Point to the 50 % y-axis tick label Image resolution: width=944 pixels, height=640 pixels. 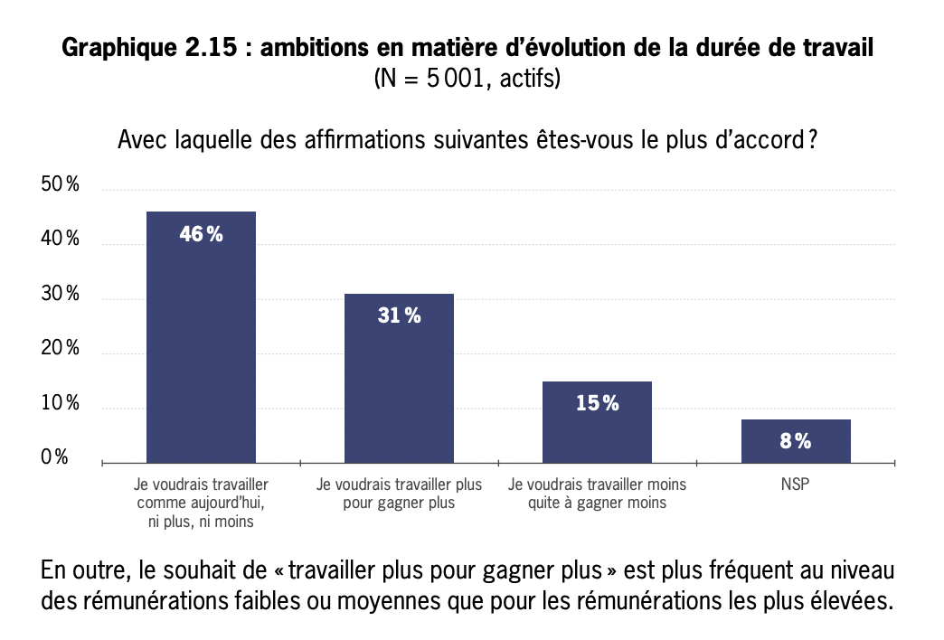coord(61,185)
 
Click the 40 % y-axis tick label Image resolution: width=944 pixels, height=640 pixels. coord(61,240)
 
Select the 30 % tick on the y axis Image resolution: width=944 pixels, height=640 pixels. coord(61,295)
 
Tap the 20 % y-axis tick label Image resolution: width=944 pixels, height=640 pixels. coord(61,349)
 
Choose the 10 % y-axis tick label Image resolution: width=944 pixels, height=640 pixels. coord(61,404)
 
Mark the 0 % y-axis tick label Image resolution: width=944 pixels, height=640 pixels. coord(55,458)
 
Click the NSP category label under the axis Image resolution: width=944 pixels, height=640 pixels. coord(796,485)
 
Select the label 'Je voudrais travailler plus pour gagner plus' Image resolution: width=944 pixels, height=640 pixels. coord(399,494)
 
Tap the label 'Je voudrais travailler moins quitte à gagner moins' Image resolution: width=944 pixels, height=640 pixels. coord(597,494)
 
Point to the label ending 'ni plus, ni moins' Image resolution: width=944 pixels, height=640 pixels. coord(201,522)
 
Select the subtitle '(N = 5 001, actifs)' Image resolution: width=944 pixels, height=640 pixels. coord(467,79)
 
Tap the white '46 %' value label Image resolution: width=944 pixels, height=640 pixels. coord(201,234)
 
